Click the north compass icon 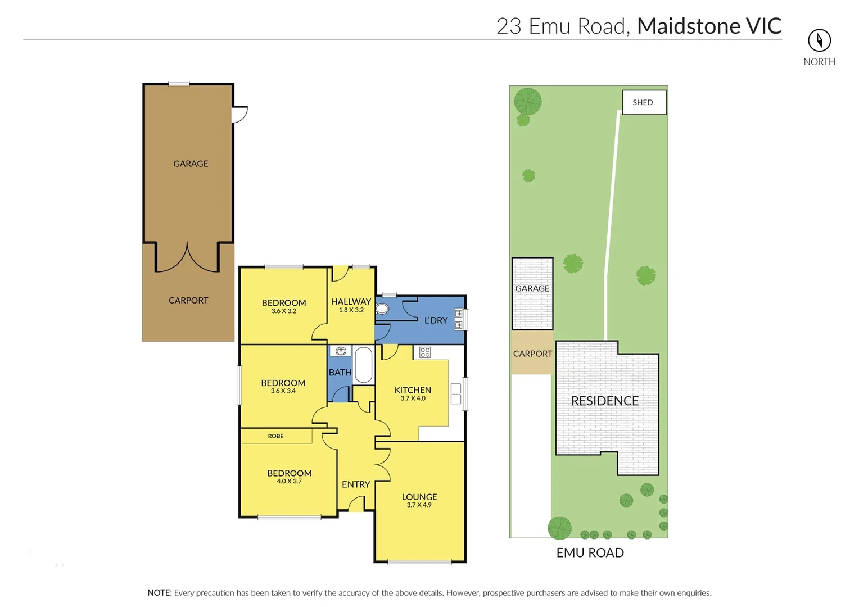coord(819,40)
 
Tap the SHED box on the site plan coord(644,102)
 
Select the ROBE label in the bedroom coord(275,436)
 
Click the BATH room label coord(340,373)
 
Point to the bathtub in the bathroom coord(363,365)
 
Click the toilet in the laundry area coord(382,309)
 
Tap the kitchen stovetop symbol coord(425,352)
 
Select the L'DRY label coord(436,320)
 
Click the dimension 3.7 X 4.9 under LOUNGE coord(419,505)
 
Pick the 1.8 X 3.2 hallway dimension coord(351,310)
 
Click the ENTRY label coord(356,484)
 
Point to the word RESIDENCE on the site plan coord(605,401)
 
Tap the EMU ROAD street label coord(590,553)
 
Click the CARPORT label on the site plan coord(532,354)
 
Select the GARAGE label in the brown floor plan coord(191,164)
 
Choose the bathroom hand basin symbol coord(341,351)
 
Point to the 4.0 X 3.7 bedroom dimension coord(289,482)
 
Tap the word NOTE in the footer coord(159,593)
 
